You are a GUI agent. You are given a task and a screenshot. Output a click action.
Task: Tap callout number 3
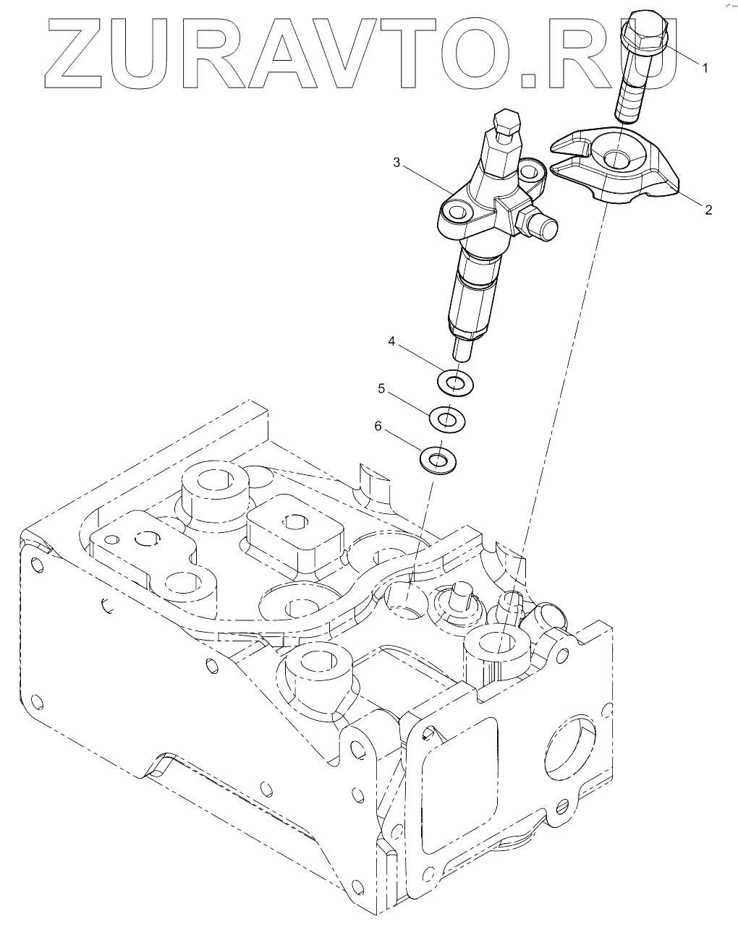(x=396, y=163)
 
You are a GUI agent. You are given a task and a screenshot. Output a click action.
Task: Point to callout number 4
(x=391, y=341)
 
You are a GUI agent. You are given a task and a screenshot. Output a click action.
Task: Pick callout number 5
(x=381, y=389)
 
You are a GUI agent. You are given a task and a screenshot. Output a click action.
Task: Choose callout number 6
(x=377, y=427)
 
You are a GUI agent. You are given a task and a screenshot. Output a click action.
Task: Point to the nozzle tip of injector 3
(x=462, y=350)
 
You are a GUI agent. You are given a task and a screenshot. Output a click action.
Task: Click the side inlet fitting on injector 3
(x=543, y=224)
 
